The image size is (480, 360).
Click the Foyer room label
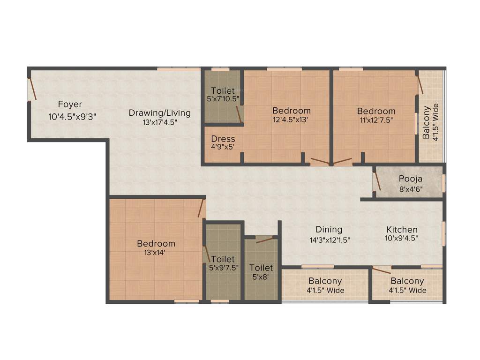(x=70, y=104)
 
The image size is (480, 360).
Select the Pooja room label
(x=411, y=179)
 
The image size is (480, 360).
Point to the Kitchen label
(x=402, y=229)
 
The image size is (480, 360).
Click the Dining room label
(x=329, y=229)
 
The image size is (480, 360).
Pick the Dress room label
(x=223, y=139)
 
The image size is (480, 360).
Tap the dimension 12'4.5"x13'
(x=292, y=120)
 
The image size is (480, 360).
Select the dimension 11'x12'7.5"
(x=376, y=120)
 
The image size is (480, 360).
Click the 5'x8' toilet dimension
(x=261, y=277)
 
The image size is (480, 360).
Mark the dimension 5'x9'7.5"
(x=224, y=268)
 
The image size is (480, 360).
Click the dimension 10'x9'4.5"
(x=402, y=238)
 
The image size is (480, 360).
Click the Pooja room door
(x=377, y=182)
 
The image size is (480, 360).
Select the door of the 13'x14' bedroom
(x=202, y=208)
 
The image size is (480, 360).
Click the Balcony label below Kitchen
(x=407, y=281)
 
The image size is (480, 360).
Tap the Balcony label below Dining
(x=325, y=281)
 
